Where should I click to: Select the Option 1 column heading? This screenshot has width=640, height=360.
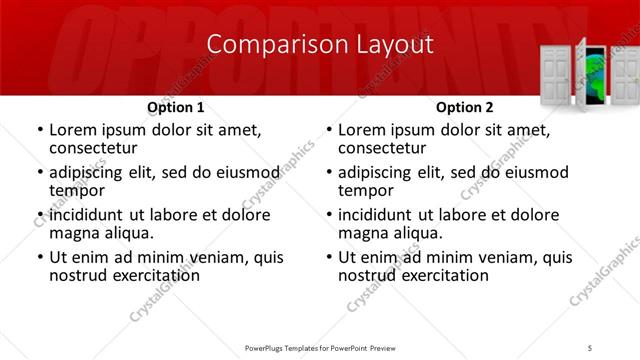176,107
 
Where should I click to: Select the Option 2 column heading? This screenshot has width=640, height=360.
465,107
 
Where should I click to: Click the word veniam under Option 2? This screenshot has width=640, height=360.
509,257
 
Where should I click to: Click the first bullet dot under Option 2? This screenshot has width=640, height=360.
328,131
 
